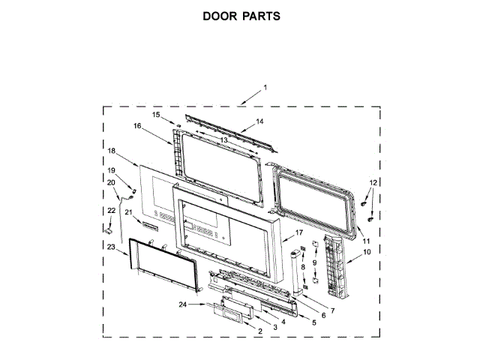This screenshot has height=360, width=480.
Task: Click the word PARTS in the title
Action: pos(262,15)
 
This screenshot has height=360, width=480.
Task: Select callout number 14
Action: pos(259,121)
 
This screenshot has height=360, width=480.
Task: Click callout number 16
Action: pos(137,127)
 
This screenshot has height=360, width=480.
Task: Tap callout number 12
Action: pos(373,182)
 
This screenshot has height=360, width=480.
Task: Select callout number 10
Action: pos(367,252)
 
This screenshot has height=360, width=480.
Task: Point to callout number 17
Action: pos(298,232)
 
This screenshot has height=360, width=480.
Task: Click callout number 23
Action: pos(110,247)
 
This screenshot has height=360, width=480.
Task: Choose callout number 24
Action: pos(183,304)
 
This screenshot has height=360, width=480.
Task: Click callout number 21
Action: pos(128,212)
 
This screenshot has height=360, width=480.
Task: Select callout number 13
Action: pos(223,139)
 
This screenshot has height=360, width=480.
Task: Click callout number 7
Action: pos(332,310)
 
